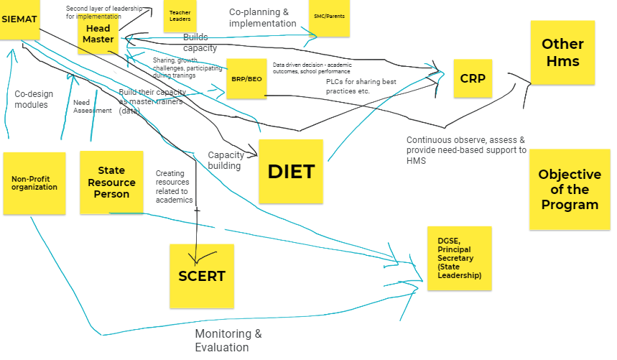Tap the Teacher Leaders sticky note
pyautogui.click(x=180, y=17)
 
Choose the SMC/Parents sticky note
pyautogui.click(x=329, y=16)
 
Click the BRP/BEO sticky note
pyautogui.click(x=246, y=78)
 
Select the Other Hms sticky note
pyautogui.click(x=562, y=52)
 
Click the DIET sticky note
pyautogui.click(x=291, y=171)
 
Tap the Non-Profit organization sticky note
pyautogui.click(x=34, y=183)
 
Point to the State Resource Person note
pyautogui.click(x=111, y=183)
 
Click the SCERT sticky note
pyautogui.click(x=202, y=275)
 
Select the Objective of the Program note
pyautogui.click(x=570, y=190)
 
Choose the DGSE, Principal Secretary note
pyautogui.click(x=459, y=258)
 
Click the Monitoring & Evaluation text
pyautogui.click(x=228, y=341)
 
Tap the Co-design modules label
pyautogui.click(x=31, y=98)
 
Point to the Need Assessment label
pyautogui.click(x=93, y=106)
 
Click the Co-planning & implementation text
pyautogui.click(x=263, y=17)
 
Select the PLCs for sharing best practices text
pyautogui.click(x=361, y=86)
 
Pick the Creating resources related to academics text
pyautogui.click(x=174, y=187)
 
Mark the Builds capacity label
pyautogui.click(x=200, y=42)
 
